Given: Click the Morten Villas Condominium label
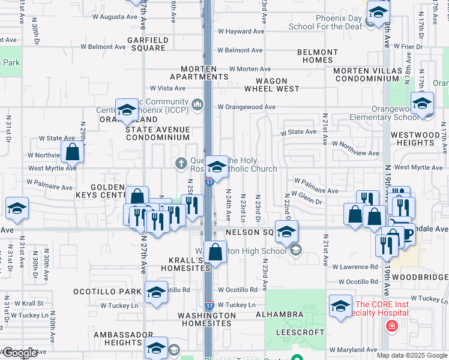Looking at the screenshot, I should [367, 75].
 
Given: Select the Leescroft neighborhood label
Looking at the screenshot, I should [300, 331].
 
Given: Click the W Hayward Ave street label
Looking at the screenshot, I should [241, 31].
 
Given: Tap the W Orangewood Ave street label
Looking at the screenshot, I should [246, 107].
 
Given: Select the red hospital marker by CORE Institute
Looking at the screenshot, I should [391, 326].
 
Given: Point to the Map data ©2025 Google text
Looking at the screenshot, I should [411, 355].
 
